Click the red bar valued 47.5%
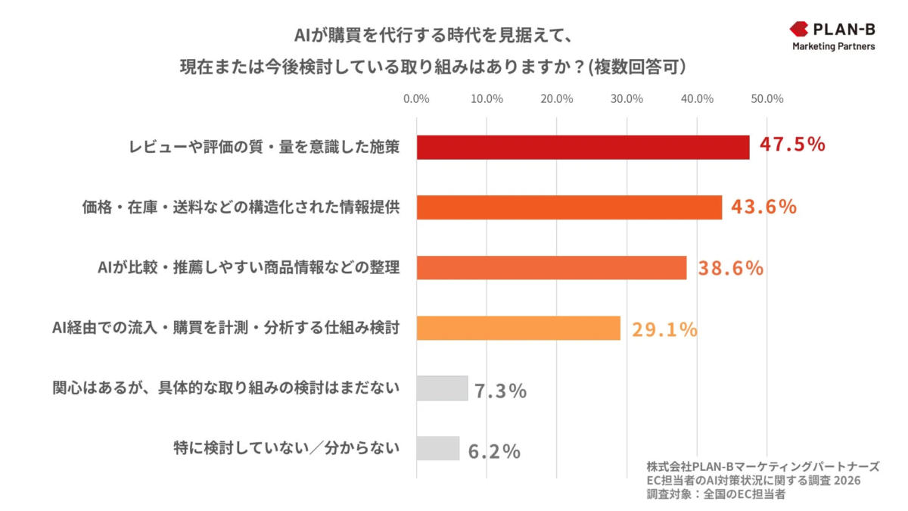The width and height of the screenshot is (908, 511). click(583, 148)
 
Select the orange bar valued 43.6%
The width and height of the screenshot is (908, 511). click(569, 207)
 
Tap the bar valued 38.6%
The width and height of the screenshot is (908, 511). click(551, 268)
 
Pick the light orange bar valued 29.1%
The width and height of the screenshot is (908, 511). click(518, 328)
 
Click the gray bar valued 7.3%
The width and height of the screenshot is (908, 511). click(442, 388)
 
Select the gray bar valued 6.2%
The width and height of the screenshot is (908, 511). click(438, 448)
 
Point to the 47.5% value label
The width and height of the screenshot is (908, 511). click(792, 145)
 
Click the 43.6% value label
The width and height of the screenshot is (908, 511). click(763, 206)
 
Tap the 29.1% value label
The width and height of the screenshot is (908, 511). click(664, 329)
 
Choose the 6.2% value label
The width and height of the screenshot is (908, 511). click(494, 451)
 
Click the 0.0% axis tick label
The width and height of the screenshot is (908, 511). click(416, 99)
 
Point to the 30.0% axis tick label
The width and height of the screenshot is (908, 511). click(627, 99)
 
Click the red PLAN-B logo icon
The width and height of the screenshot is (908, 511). click(799, 30)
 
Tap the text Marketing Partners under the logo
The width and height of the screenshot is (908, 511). click(833, 47)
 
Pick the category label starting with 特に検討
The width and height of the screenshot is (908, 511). click(286, 448)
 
